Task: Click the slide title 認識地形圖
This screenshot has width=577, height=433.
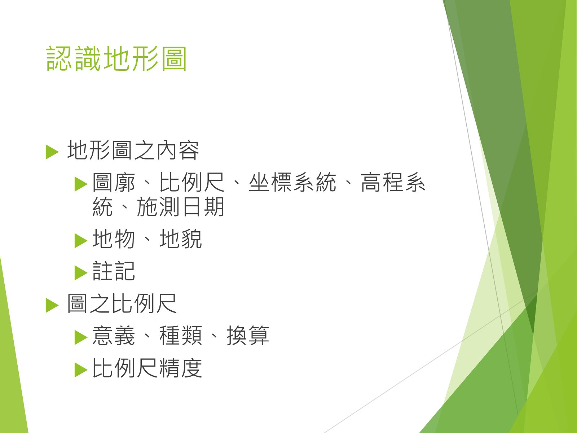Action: [x=116, y=58]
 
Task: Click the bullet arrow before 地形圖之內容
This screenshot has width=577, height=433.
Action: [x=52, y=152]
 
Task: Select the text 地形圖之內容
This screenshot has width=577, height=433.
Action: [x=133, y=150]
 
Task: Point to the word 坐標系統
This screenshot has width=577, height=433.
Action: [x=292, y=182]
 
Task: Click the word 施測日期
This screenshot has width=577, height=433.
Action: [x=181, y=207]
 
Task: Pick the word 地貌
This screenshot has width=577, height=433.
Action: [x=181, y=239]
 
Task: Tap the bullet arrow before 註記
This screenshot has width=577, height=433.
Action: [x=81, y=273]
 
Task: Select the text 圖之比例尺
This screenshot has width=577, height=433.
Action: [x=122, y=303]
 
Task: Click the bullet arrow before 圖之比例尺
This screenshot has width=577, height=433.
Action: [x=52, y=305]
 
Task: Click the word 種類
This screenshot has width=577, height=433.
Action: [x=181, y=336]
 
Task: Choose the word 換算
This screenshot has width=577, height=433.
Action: [x=248, y=336]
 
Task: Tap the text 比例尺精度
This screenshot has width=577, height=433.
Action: [x=147, y=368]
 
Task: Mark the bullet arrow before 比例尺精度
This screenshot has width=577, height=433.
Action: [x=81, y=369]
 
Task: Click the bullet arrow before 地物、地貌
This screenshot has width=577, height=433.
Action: [x=81, y=240]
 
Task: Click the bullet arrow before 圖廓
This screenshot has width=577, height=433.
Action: [x=81, y=184]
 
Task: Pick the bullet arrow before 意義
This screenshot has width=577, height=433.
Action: [x=81, y=337]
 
